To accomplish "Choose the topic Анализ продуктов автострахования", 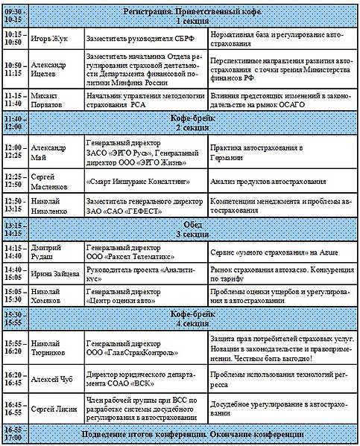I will click(268, 182).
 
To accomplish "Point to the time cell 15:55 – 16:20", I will click(14, 348).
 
